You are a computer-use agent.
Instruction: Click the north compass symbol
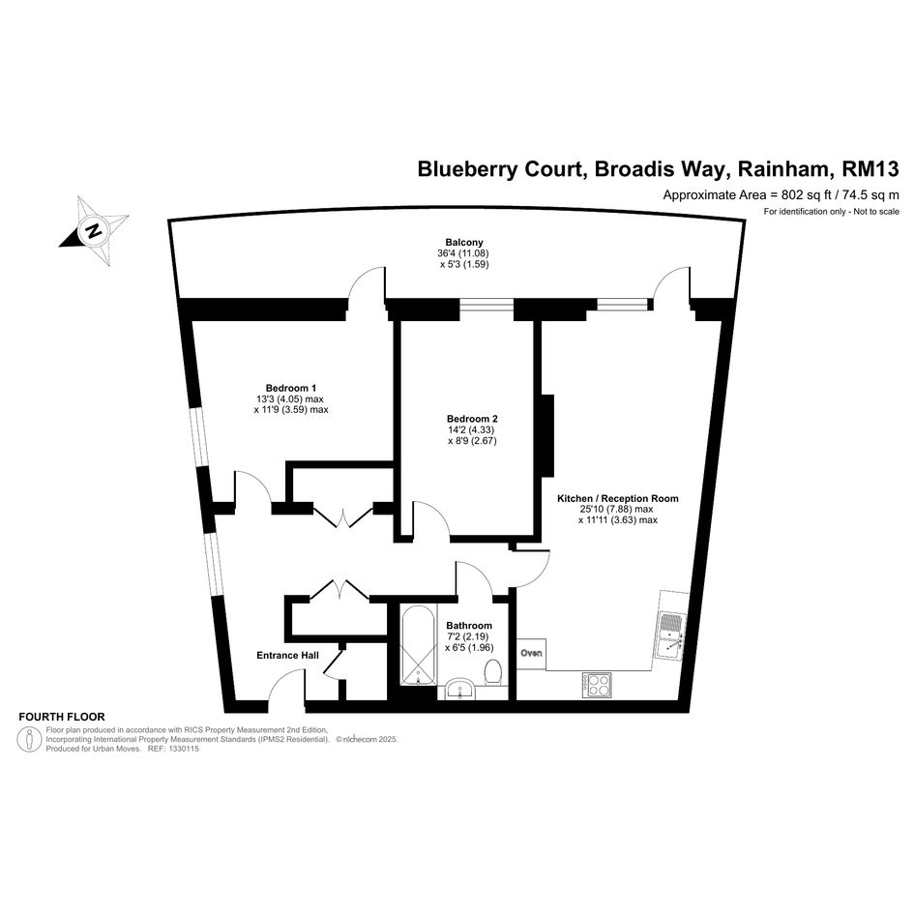[93, 230]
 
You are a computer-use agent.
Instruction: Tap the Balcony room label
[464, 243]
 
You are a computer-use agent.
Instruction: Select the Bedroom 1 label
[291, 388]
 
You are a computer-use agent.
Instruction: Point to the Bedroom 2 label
[472, 419]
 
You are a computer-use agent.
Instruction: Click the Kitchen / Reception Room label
[618, 499]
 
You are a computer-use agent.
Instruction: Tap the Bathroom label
[469, 626]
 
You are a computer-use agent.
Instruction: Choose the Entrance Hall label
[288, 656]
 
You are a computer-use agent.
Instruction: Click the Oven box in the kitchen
[531, 653]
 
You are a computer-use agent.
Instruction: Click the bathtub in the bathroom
[418, 645]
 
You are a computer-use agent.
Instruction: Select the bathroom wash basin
[460, 690]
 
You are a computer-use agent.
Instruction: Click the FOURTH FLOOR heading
[62, 717]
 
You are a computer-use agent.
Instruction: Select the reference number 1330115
[183, 749]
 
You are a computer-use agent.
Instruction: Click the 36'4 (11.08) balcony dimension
[463, 253]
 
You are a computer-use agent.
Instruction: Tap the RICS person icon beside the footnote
[30, 739]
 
